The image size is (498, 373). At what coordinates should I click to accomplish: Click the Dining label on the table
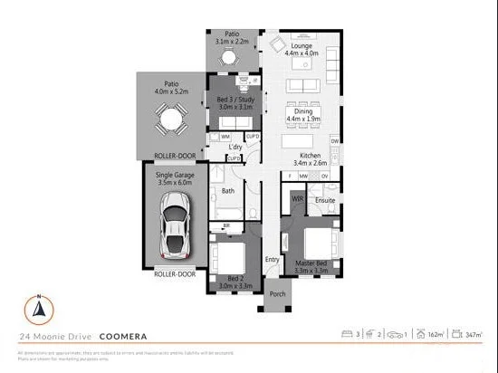296,111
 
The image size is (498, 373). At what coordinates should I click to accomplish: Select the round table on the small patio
227,58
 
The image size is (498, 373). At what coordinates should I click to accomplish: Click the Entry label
272,260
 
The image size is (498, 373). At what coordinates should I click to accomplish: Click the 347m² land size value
472,335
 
